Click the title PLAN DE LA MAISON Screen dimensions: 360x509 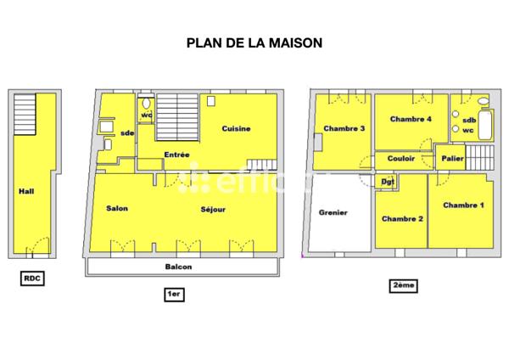(255, 41)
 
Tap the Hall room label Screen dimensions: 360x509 (26, 191)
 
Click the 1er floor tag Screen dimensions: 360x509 (175, 294)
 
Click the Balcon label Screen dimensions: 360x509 (178, 267)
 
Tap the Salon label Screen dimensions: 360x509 (117, 209)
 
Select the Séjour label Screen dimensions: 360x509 (213, 209)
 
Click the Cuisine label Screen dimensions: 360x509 (236, 129)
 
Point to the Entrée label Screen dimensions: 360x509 (176, 155)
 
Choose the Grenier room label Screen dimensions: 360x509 (333, 212)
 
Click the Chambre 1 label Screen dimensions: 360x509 (463, 205)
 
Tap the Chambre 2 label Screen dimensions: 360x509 (402, 219)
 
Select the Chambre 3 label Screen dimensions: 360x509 (344, 129)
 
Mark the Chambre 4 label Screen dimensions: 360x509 (411, 119)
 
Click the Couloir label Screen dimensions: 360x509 (400, 158)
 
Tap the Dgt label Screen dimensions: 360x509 (388, 181)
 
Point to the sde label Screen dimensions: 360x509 (127, 133)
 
